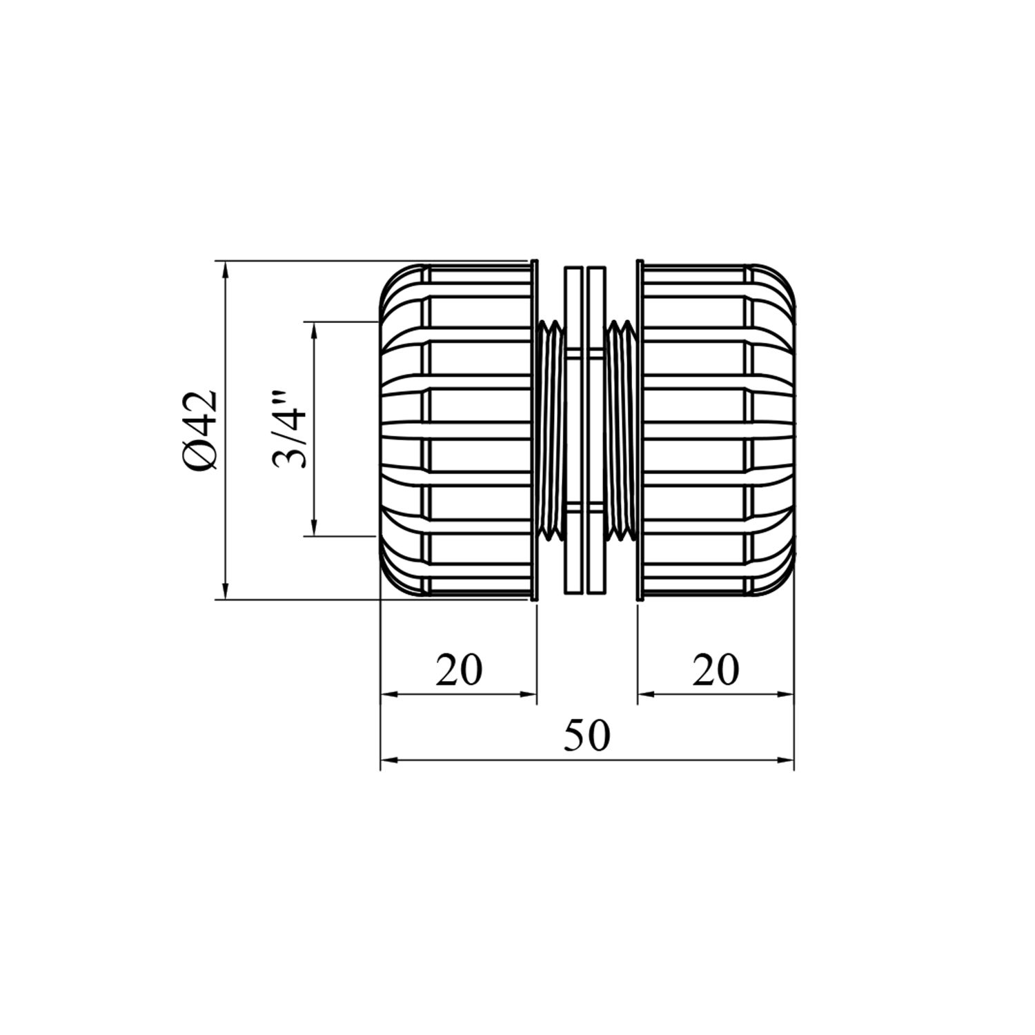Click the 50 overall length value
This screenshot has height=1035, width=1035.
[587, 736]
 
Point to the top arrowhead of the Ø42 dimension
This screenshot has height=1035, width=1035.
[225, 268]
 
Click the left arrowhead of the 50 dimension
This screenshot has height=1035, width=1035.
[388, 760]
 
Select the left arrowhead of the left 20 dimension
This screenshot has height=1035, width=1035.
[388, 694]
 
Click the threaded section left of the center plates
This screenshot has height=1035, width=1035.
[551, 429]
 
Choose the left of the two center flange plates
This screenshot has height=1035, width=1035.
[573, 429]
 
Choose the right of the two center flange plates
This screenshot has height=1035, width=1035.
[595, 429]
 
